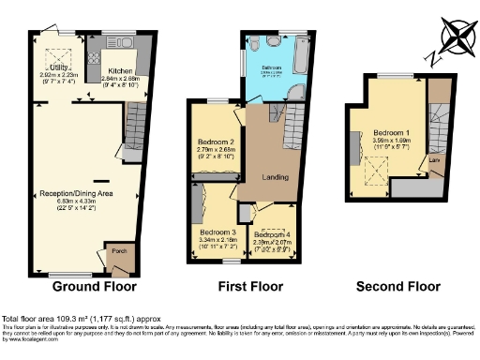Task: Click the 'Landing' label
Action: coord(275,177)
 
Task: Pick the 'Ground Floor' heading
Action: coord(94,286)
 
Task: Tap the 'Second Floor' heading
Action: coord(397,286)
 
